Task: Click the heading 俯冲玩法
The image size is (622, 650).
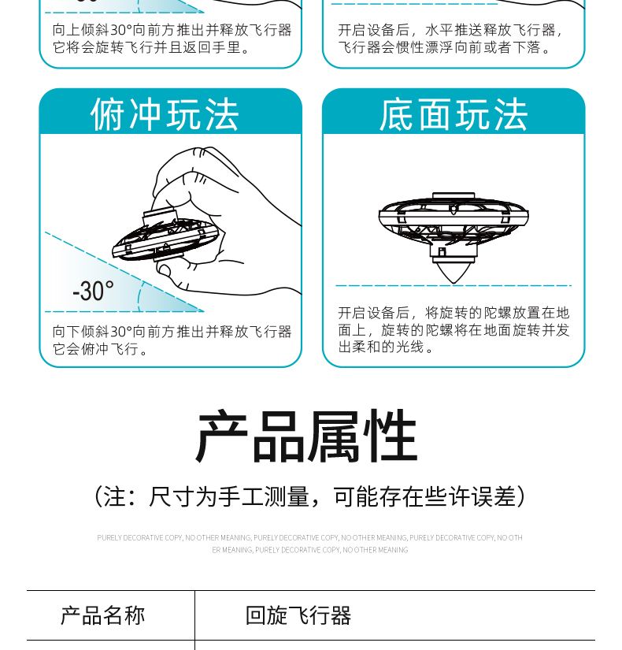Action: coord(165,114)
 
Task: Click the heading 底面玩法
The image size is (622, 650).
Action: coord(454,114)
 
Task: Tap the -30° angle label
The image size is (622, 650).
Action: coord(93,291)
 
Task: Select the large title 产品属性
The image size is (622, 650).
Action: coord(306,436)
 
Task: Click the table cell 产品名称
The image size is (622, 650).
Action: coord(103,615)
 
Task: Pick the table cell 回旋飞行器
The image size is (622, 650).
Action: coord(298,615)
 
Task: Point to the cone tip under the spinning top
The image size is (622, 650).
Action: coord(454,283)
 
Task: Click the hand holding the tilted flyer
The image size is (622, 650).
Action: coord(226,220)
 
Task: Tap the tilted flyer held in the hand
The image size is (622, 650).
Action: coord(165,236)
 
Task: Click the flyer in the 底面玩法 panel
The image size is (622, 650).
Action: coord(454,237)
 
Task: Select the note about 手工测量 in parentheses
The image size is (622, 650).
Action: coord(310,496)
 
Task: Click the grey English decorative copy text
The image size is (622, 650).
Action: coord(310,544)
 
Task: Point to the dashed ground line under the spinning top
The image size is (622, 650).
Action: coord(454,286)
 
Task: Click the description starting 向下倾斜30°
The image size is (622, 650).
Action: coord(172,340)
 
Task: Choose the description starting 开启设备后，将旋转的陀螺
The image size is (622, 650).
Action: coord(454,330)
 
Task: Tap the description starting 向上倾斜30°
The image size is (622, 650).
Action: coord(172,39)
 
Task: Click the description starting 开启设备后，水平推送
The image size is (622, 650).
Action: coord(450,39)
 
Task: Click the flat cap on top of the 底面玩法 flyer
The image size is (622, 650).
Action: coord(454,196)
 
